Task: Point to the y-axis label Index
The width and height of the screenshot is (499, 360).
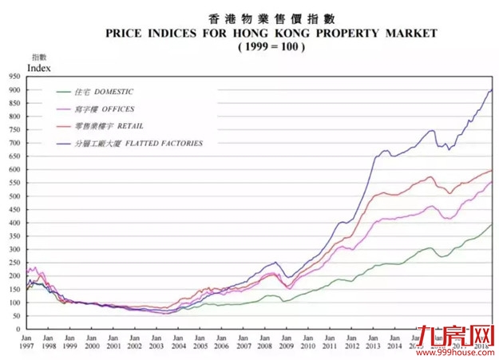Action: pyautogui.click(x=38, y=69)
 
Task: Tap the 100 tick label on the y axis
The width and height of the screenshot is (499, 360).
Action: pyautogui.click(x=14, y=303)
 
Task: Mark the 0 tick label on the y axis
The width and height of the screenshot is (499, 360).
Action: pyautogui.click(x=18, y=329)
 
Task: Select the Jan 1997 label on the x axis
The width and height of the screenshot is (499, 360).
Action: pyautogui.click(x=27, y=342)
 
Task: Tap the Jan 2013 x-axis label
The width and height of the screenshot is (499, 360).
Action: pyautogui.click(x=373, y=342)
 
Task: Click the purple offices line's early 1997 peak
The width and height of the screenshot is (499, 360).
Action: pyautogui.click(x=34, y=268)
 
